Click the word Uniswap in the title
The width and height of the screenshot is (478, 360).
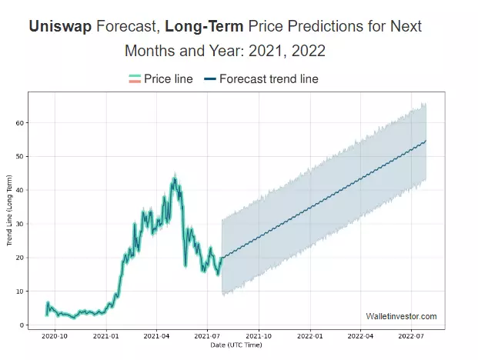point(60,26)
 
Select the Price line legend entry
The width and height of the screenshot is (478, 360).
point(161,78)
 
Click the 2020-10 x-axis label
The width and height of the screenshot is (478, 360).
point(55,337)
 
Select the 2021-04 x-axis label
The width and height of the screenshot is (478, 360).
point(156,337)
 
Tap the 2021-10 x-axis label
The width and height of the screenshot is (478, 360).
point(259,337)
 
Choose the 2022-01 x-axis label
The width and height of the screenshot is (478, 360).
point(310,337)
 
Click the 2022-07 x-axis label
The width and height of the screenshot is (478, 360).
point(411,337)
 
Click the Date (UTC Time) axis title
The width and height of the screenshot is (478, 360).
point(236,345)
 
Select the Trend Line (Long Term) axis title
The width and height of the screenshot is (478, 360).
point(9,211)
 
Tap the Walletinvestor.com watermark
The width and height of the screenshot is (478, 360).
point(401,316)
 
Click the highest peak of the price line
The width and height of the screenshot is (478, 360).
point(175,178)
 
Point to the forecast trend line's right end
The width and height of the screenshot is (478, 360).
point(426,141)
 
